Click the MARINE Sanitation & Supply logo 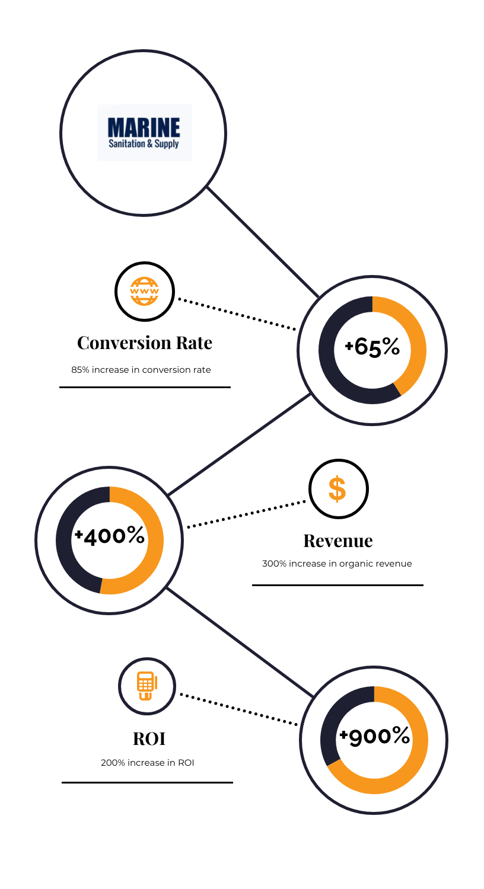coord(145,133)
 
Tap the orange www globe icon coord(145,292)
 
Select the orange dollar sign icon coord(337,488)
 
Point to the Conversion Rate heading coord(145,343)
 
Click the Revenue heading coord(338,541)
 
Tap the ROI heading coord(149,738)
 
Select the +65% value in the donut coord(372,347)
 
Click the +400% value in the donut coord(110,536)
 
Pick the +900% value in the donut coord(374,736)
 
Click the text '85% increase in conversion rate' coord(141,370)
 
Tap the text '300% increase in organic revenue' coord(337,564)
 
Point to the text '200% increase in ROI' coord(147,763)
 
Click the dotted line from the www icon coord(237,314)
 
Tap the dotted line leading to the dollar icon coord(246,514)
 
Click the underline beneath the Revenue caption coord(337,585)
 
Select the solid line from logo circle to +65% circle coord(263,242)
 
